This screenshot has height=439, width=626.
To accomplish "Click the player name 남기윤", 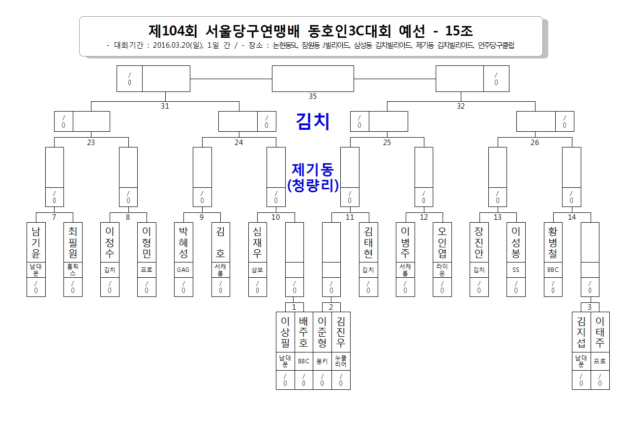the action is [x=36, y=242].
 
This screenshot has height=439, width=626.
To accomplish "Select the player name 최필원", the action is [x=73, y=242].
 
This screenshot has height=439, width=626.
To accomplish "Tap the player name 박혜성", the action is [x=183, y=242].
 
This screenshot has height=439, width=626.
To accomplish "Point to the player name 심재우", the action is [x=257, y=242].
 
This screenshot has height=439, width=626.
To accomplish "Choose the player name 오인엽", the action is [x=442, y=242].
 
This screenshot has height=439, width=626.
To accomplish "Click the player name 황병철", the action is [x=553, y=242].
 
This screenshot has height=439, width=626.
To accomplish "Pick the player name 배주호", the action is [x=303, y=332].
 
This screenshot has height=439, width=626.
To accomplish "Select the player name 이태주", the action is [x=600, y=332].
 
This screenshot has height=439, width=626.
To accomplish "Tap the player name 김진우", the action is [x=341, y=332].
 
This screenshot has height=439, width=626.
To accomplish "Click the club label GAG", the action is [x=183, y=270].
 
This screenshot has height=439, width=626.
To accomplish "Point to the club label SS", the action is [x=516, y=270].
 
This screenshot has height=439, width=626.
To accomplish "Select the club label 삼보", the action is [x=257, y=270].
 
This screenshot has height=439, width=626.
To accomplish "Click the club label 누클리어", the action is [x=341, y=361].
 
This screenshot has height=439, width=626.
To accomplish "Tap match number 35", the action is [x=313, y=96].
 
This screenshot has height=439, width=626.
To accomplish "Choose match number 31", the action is [x=165, y=106].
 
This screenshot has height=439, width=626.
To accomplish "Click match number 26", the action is [x=535, y=142].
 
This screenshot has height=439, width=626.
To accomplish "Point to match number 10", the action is [x=275, y=217].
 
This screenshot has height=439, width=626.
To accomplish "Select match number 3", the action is [x=590, y=307].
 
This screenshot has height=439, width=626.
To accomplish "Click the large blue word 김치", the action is [x=313, y=121].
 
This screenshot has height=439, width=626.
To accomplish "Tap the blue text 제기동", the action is [x=313, y=169].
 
